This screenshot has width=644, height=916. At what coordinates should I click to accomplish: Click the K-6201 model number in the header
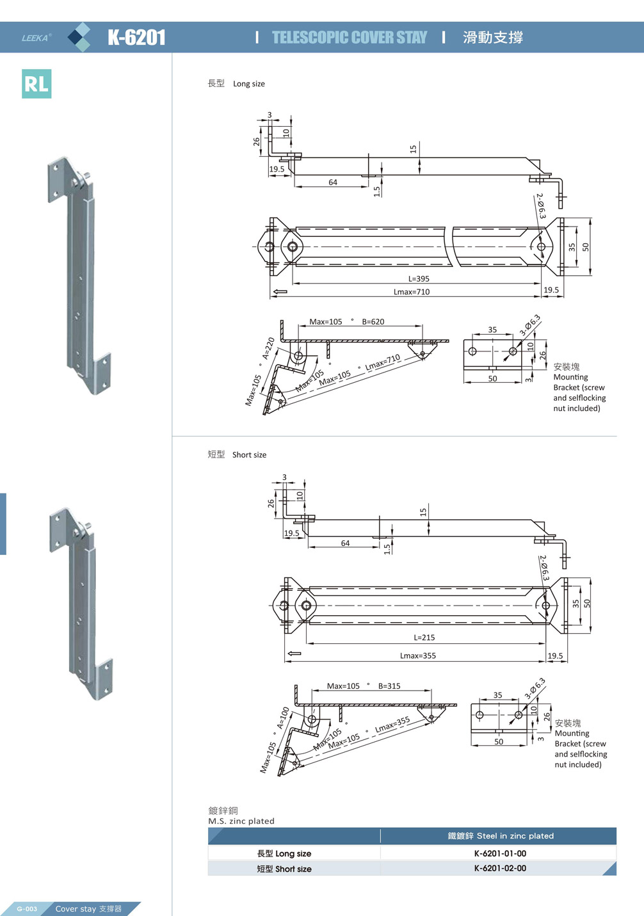(136, 38)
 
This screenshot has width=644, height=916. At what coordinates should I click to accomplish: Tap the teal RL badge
(36, 84)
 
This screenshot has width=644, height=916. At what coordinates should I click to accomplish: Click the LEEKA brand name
(36, 38)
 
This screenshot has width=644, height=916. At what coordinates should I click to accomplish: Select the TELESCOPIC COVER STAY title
(350, 38)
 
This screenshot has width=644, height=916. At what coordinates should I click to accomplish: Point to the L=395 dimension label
(419, 279)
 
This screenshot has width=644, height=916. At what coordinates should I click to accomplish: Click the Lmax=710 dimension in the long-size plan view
(412, 292)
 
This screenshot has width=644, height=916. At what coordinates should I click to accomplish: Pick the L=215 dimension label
(424, 638)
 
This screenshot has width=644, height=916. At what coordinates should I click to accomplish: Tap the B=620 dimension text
(373, 322)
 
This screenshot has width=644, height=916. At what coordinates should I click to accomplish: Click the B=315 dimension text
(389, 686)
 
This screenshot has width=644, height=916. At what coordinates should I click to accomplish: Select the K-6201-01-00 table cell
(500, 853)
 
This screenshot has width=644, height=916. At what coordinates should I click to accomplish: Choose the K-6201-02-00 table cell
(500, 869)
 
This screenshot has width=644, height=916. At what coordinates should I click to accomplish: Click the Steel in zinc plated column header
(500, 836)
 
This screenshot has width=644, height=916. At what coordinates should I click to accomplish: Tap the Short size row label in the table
(284, 869)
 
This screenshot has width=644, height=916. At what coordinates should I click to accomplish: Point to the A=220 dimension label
(268, 348)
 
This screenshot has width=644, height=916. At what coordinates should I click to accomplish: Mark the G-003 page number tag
(27, 909)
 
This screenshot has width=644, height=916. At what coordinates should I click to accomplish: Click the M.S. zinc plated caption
(241, 821)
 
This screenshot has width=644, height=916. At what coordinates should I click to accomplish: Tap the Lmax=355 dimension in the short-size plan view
(418, 655)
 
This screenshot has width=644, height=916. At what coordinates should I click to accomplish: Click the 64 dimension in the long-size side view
(333, 182)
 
